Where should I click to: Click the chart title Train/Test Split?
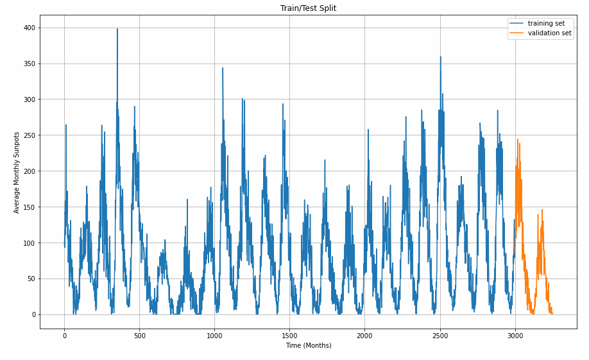[308, 8]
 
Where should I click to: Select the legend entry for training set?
[546, 23]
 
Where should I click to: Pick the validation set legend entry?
[549, 33]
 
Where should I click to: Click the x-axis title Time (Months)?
[308, 345]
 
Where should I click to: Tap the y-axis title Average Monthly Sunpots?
[17, 172]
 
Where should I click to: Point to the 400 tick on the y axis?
[29, 28]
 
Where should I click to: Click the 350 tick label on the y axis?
[29, 64]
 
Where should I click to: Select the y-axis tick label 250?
[29, 135]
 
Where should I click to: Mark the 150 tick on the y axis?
[29, 207]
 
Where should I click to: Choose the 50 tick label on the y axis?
[31, 279]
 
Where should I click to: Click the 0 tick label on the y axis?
[33, 315]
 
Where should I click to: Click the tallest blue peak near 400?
[117, 29]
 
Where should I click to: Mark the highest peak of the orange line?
[517, 139]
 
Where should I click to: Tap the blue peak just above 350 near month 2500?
[440, 57]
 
